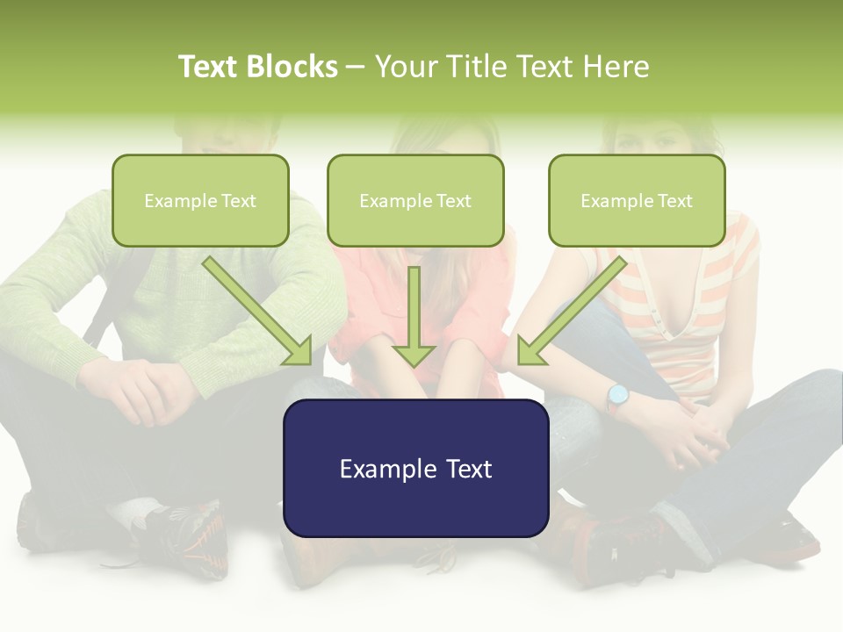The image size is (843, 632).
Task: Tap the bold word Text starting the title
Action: tap(209, 67)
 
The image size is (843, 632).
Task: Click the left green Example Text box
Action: tap(200, 201)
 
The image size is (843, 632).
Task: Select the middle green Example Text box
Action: tap(415, 201)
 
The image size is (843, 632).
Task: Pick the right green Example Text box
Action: tap(637, 201)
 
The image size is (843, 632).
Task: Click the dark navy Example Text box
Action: tap(415, 469)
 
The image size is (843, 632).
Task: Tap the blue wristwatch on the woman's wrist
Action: tap(618, 396)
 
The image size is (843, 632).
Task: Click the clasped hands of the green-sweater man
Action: tap(140, 386)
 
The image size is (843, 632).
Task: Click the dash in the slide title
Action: tap(356, 67)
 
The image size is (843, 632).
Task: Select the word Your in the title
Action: tap(404, 67)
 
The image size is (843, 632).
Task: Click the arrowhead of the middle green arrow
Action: tap(414, 355)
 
